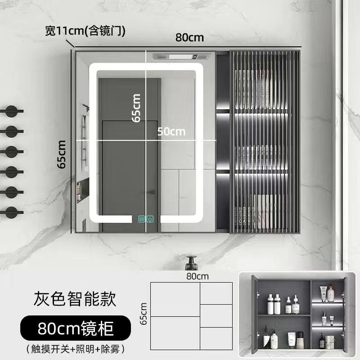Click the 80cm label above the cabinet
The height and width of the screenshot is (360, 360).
pos(189,38)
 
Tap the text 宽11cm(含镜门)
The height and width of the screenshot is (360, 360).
pos(85,31)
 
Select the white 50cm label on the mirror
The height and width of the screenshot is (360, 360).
pos(171,131)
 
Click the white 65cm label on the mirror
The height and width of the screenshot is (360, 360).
pos(136,108)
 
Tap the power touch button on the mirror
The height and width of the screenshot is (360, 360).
pos(150,220)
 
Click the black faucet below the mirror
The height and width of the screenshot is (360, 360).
pos(192,261)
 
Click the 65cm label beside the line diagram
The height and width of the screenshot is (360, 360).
pos(144,314)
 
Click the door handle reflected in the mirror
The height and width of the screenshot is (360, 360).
pos(153,192)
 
